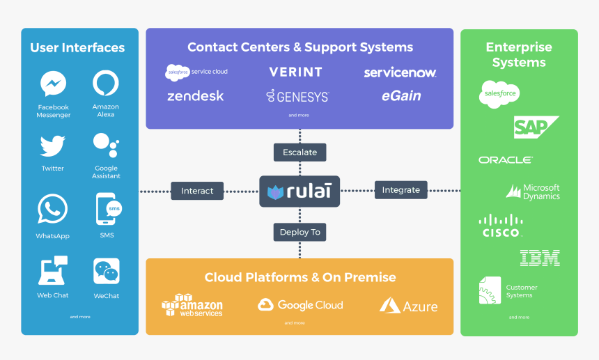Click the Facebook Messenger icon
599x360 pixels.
[x=53, y=84]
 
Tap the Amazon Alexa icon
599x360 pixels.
[x=106, y=84]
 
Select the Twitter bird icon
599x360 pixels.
[x=53, y=146]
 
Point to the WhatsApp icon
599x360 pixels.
[x=53, y=209]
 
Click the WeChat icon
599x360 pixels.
[x=107, y=271]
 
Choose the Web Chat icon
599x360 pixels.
[x=53, y=270]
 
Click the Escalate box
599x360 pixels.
[x=299, y=152]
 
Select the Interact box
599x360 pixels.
[x=197, y=190]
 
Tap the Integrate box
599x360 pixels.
[x=401, y=189]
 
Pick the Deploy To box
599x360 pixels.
[x=299, y=232]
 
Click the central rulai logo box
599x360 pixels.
[x=299, y=191]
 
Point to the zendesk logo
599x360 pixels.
[x=196, y=96]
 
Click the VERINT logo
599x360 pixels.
[x=296, y=72]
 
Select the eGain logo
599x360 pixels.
[x=401, y=96]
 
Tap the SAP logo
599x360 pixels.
[x=536, y=127]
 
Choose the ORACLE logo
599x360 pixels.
[x=506, y=160]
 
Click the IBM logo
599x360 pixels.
[x=540, y=258]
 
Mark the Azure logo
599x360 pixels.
[x=409, y=306]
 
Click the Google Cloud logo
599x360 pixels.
[x=300, y=305]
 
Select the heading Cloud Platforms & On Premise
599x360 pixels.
[x=300, y=277]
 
